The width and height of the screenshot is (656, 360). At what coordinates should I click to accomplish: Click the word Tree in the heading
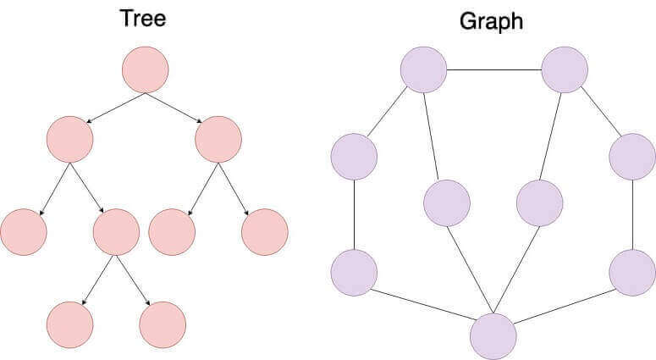tap(142, 19)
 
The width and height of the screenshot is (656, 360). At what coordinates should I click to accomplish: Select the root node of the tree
tap(145, 70)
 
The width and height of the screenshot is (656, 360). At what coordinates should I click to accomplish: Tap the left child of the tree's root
tap(69, 140)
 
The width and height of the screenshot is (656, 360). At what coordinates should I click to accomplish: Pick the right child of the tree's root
tap(218, 140)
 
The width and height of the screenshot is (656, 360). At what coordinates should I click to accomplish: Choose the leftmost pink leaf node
tap(23, 231)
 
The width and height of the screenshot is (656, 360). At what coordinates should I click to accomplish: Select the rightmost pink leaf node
tap(265, 231)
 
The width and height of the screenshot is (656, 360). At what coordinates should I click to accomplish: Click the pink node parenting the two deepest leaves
tap(116, 231)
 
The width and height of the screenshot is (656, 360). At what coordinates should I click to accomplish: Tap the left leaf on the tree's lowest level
tap(69, 324)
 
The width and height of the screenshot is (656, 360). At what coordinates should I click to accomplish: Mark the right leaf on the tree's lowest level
tap(163, 324)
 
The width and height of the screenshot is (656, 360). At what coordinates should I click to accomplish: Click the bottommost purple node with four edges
tap(493, 335)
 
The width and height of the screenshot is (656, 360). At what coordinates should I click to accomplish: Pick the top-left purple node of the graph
tap(423, 69)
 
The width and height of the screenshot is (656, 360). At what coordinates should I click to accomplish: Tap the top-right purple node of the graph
tap(565, 69)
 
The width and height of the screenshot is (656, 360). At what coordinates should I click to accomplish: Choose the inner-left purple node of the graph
tap(446, 203)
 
